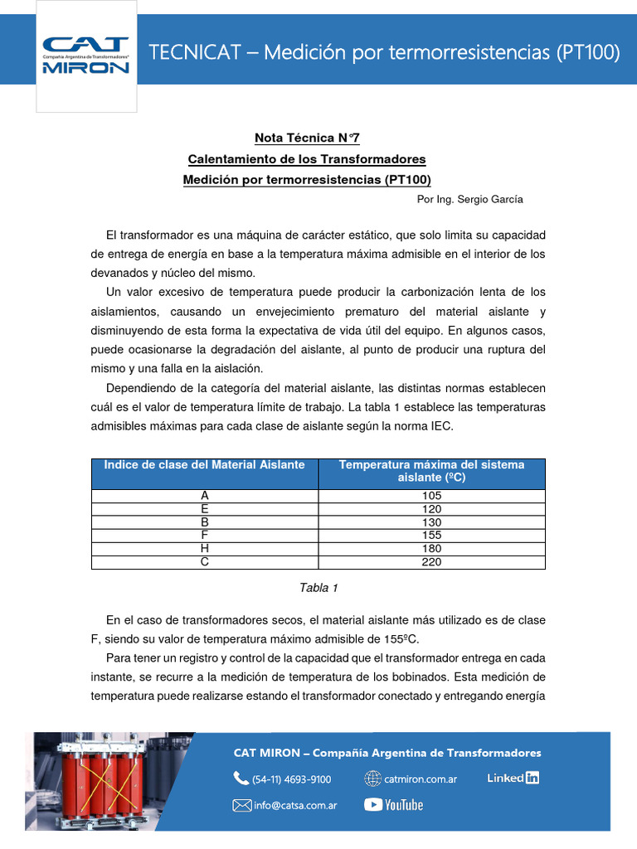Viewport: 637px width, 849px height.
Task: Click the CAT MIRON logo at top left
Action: [x=86, y=56]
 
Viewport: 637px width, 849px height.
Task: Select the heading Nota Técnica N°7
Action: [x=307, y=138]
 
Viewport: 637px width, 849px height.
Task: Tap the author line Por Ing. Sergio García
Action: [x=469, y=200]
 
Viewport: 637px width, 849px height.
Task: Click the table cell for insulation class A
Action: [x=204, y=496]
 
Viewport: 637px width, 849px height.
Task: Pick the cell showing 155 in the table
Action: [x=431, y=536]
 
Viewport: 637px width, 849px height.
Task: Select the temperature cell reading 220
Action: [x=431, y=562]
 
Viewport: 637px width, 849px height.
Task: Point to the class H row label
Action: [x=204, y=549]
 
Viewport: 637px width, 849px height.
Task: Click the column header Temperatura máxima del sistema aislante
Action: [x=431, y=472]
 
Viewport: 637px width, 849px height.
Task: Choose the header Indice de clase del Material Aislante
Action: [x=204, y=465]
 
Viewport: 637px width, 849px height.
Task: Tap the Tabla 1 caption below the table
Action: [x=318, y=588]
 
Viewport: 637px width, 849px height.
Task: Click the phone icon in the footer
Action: [x=241, y=779]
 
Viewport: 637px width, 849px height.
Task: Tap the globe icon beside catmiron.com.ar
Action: [x=372, y=779]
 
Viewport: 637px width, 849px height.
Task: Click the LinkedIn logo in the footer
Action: [x=513, y=778]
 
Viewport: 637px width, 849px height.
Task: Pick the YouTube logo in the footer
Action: [x=393, y=804]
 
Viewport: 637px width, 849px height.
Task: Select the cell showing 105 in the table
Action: [x=431, y=496]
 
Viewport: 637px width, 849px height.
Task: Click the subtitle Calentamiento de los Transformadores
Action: [x=307, y=158]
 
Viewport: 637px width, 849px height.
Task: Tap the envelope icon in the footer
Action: [x=241, y=804]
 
